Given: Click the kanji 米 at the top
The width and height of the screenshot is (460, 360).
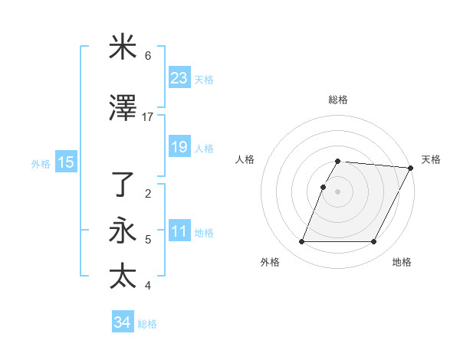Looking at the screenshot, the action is tap(123, 48).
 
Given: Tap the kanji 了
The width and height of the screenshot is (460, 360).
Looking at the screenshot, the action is tap(123, 185).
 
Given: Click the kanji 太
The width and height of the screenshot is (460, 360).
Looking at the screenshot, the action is tap(123, 276).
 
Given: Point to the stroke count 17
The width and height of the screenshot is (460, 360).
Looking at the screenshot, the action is tap(148, 117).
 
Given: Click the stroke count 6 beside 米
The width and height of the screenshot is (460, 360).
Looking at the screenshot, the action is tap(148, 56).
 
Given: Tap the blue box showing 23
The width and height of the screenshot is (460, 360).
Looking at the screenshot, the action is tap(179, 78).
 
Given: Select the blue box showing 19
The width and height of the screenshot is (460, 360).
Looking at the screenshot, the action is tap(179, 147).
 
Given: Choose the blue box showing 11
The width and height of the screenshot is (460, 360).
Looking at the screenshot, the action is tap(179, 231).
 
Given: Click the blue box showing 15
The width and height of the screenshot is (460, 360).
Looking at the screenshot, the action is tap(65, 162).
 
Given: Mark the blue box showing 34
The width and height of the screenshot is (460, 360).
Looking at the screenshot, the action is tap(122, 322).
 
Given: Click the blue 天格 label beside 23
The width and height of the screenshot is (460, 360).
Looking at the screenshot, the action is tap(204, 79).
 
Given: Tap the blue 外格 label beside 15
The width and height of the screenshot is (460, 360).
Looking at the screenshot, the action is tap(41, 163).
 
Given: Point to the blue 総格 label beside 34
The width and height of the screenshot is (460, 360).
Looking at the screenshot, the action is tap(147, 324).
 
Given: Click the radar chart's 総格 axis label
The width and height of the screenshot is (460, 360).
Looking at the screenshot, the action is tap(338, 100).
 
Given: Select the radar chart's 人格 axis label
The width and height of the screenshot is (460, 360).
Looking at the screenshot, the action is tap(246, 159).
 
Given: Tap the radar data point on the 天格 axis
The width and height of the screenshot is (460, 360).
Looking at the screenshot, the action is tap(411, 168).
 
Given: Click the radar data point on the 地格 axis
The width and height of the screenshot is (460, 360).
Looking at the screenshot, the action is tap(374, 242).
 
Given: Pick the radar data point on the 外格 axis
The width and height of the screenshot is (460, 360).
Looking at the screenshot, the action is tap(301, 242).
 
